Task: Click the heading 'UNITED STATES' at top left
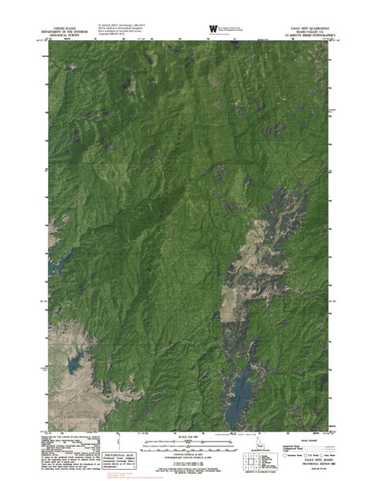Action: tap(67, 25)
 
